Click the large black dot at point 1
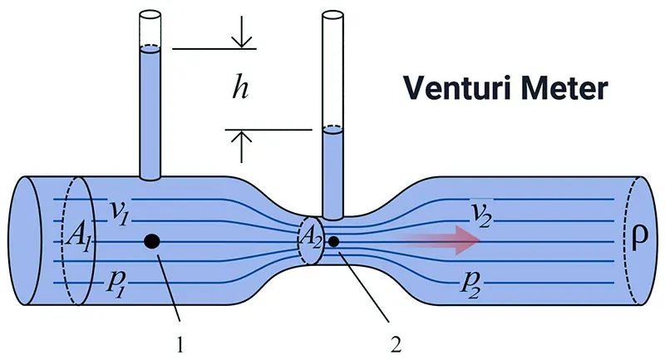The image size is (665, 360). pyautogui.click(x=151, y=241)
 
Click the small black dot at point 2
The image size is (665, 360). pyautogui.click(x=333, y=242)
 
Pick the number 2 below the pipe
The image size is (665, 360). pyautogui.click(x=393, y=340)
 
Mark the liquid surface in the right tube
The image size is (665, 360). pyautogui.click(x=332, y=129)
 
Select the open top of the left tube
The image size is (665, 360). pyautogui.click(x=150, y=15)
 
